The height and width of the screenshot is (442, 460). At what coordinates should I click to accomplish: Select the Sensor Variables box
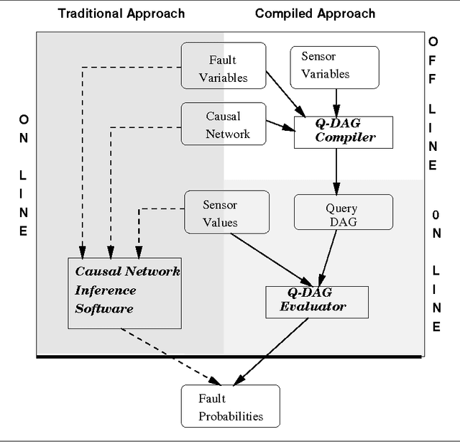pyautogui.click(x=334, y=67)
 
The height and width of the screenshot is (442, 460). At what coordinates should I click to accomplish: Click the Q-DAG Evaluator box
pyautogui.click(x=317, y=300)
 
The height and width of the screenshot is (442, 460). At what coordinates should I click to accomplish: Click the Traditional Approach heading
pyautogui.click(x=121, y=14)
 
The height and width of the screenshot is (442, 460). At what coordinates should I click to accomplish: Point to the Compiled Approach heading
pyautogui.click(x=315, y=14)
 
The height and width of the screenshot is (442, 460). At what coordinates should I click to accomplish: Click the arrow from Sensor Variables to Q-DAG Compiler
pyautogui.click(x=335, y=99)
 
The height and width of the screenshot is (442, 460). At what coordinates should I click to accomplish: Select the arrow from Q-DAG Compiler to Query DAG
pyautogui.click(x=336, y=171)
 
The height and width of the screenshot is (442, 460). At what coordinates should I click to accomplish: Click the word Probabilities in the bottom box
pyautogui.click(x=231, y=416)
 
